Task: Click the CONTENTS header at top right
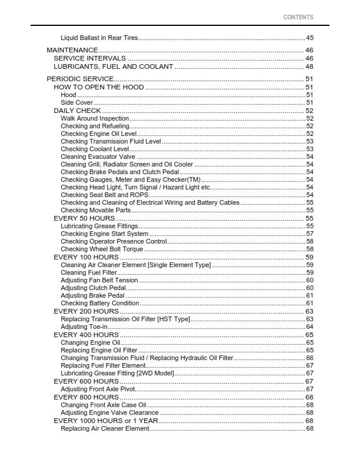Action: click(298, 18)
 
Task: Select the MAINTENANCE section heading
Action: click(72, 51)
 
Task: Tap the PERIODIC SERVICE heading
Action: click(79, 79)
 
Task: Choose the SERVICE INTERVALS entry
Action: click(89, 59)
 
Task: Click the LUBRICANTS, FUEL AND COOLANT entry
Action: click(113, 66)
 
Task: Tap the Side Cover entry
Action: click(76, 102)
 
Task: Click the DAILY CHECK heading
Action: click(77, 111)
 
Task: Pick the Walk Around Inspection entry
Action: click(95, 118)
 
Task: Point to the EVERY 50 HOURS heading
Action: click(84, 218)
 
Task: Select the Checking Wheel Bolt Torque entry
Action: click(102, 249)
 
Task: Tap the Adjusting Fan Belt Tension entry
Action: click(99, 280)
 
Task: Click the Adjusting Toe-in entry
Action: click(84, 327)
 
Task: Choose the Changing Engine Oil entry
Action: click(90, 342)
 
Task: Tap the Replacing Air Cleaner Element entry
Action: click(105, 428)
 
